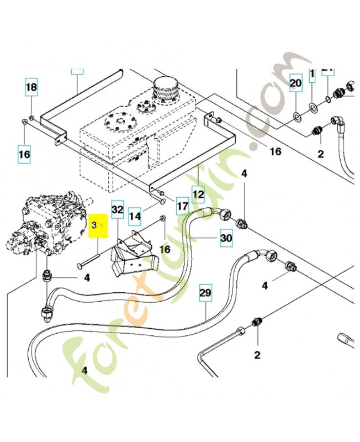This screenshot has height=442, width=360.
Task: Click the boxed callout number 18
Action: [31, 87]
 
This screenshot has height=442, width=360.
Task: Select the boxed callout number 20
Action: [296, 83]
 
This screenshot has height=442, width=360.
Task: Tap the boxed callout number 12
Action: [198, 194]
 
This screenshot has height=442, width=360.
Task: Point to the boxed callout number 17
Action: [183, 208]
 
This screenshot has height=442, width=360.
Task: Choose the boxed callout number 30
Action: [226, 238]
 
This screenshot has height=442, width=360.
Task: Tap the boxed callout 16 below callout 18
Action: [24, 154]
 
